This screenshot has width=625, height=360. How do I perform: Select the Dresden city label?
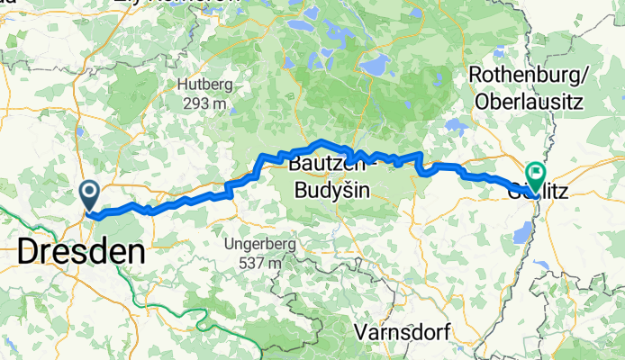81,252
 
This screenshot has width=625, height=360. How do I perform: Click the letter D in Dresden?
28,252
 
